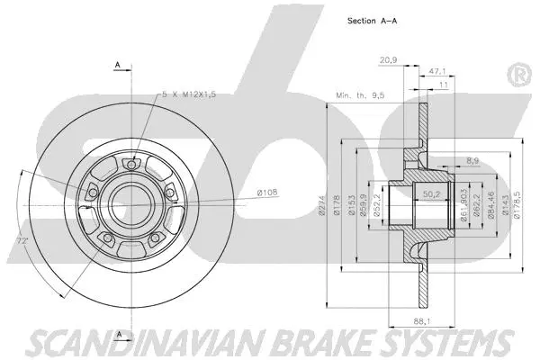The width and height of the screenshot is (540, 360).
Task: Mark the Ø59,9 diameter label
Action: (364, 206)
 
